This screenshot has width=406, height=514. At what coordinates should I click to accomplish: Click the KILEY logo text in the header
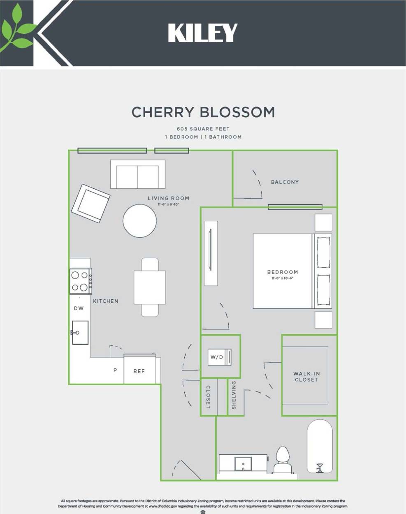point(202,32)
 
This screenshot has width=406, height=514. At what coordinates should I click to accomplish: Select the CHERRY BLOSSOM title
point(203,112)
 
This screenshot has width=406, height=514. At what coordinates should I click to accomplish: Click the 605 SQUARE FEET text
point(203,129)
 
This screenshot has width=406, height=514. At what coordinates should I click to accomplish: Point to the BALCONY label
point(285,182)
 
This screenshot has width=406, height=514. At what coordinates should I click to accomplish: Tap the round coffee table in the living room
point(140,221)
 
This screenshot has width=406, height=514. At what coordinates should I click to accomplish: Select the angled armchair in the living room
point(90,203)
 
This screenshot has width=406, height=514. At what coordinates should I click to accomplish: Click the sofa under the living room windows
point(137,175)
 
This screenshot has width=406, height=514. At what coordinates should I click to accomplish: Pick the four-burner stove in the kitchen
point(80,281)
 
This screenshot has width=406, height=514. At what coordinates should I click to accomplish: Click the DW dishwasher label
point(79,308)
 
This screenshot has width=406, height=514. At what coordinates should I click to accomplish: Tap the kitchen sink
point(80,332)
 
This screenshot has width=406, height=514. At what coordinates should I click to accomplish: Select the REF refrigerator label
point(139,371)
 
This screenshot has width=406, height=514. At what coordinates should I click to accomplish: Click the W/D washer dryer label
point(217,357)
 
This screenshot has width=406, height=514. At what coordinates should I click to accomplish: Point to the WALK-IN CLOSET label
point(306,377)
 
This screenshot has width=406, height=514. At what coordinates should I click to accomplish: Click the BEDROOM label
point(282,272)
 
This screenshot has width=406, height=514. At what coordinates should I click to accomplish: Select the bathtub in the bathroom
point(320,447)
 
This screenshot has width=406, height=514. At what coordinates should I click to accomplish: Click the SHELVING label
point(234,395)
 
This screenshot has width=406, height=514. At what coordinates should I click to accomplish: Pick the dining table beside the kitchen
point(150,287)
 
